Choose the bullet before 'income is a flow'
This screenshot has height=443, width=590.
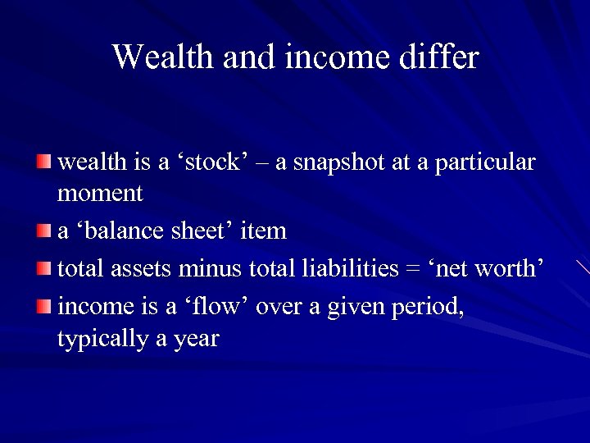[x=43, y=305]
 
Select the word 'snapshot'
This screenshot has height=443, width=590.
[x=338, y=163]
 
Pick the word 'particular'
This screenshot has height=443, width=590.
[x=485, y=163]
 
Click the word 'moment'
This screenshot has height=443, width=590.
[x=100, y=194]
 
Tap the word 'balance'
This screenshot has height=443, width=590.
[x=122, y=231]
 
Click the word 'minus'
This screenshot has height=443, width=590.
[x=211, y=268]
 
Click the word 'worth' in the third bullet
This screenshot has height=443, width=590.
[x=508, y=268]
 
